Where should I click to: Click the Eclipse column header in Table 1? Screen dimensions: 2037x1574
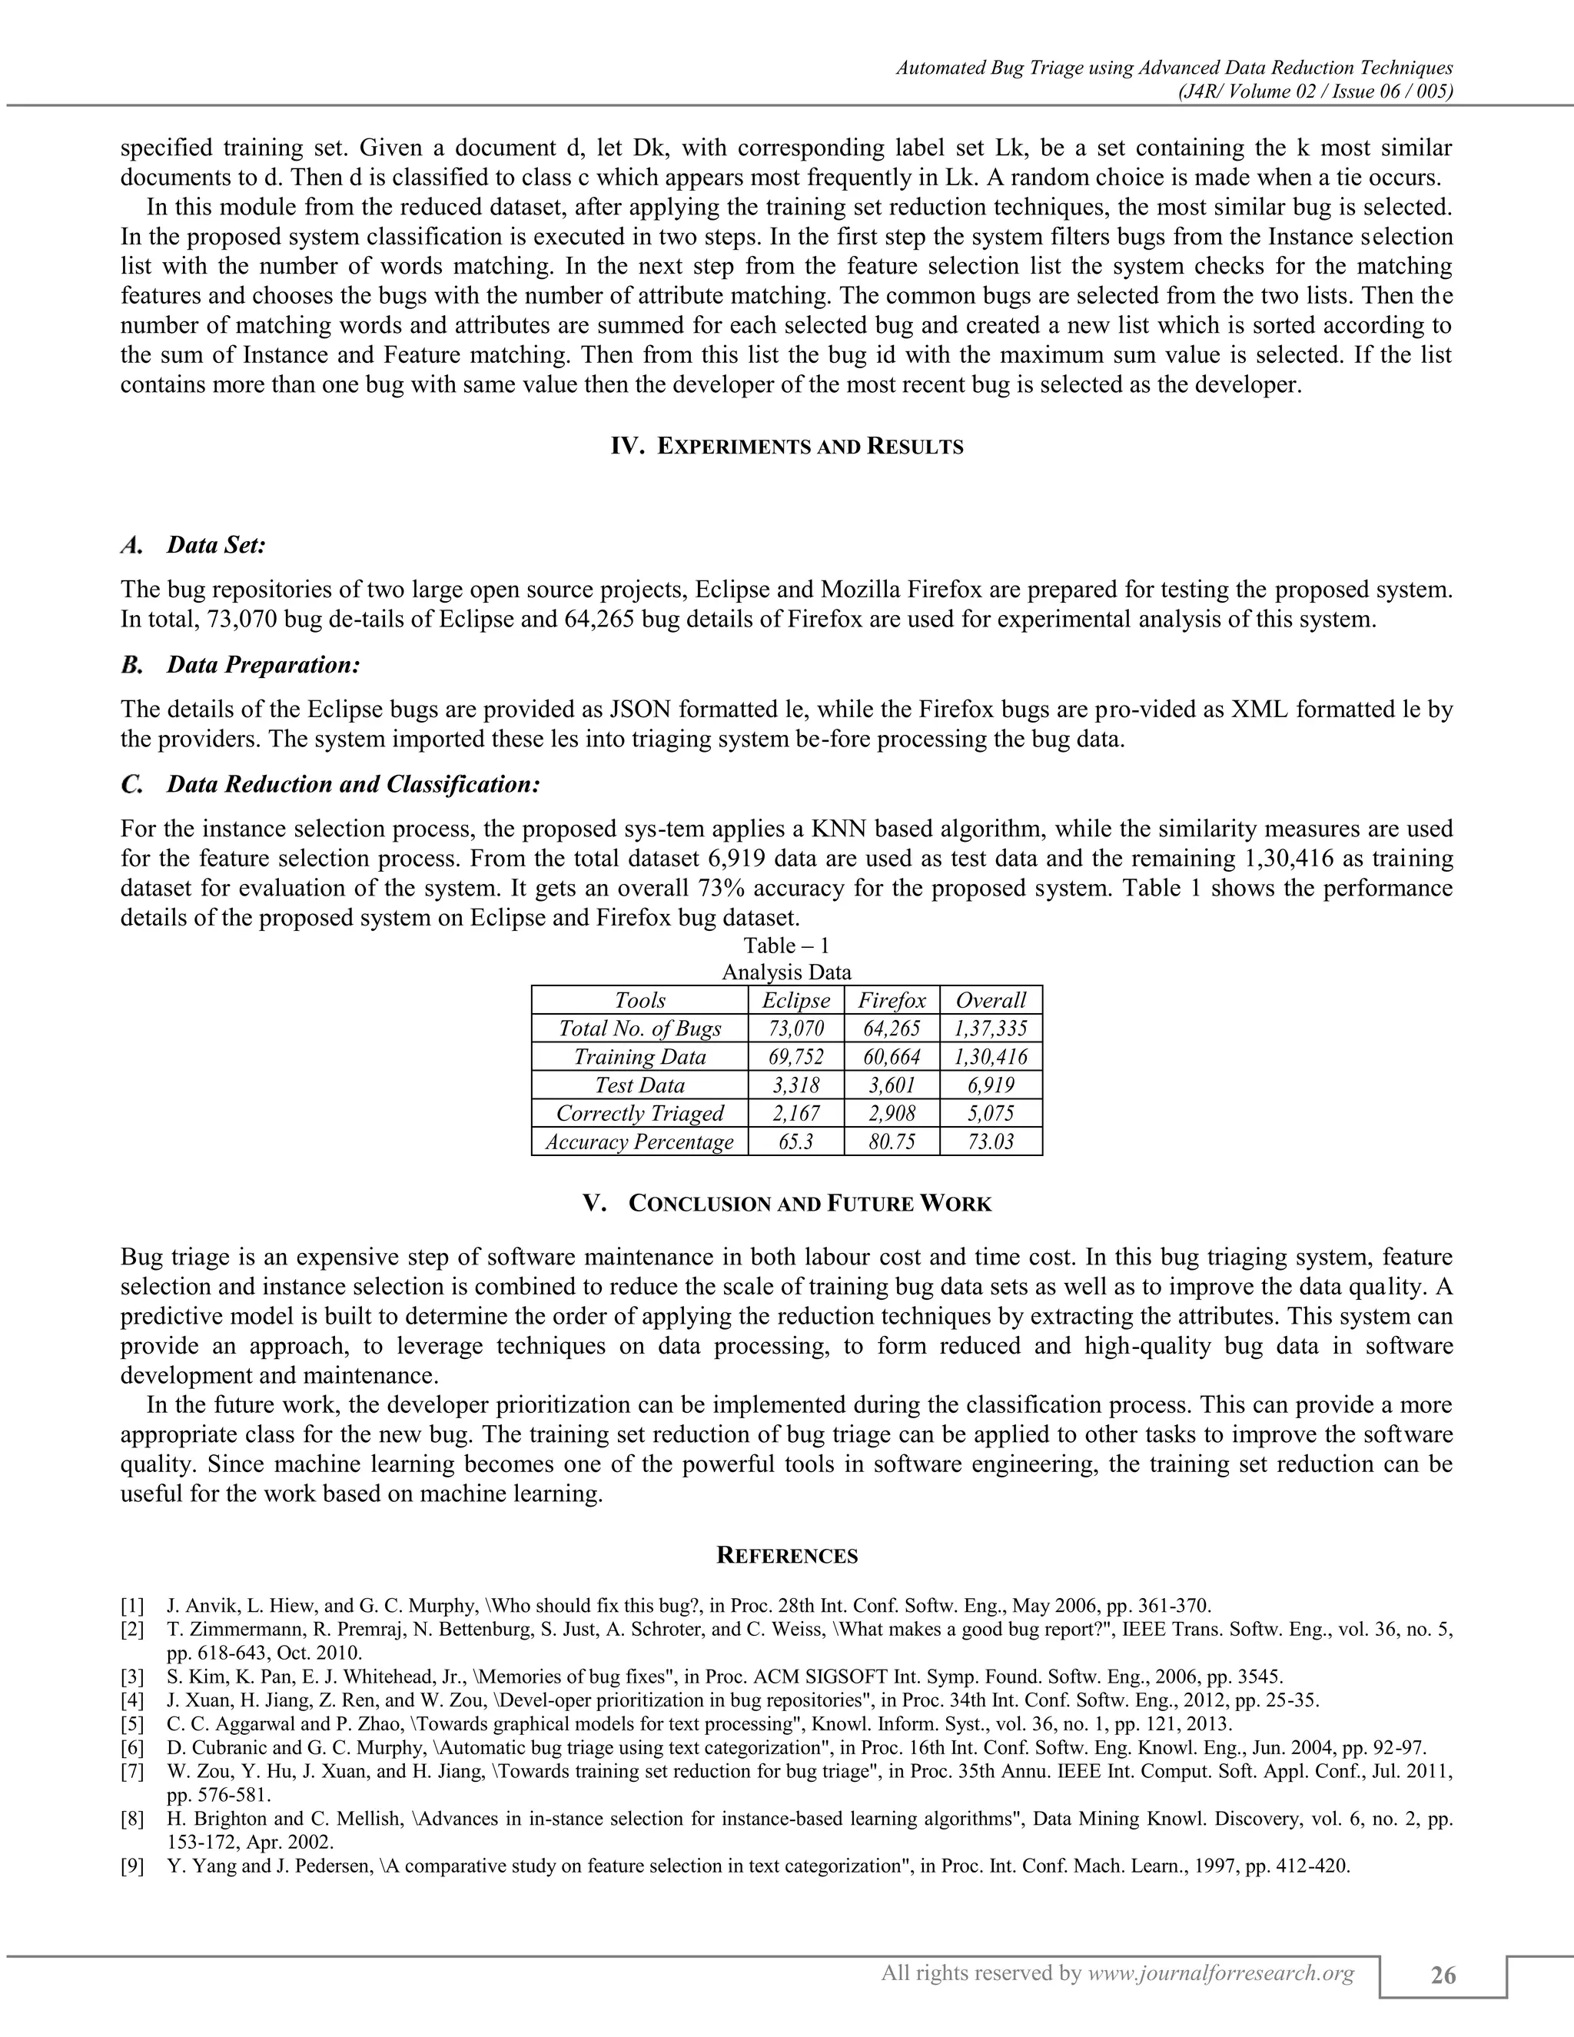pos(795,1001)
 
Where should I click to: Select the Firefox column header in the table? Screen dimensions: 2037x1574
pos(892,1001)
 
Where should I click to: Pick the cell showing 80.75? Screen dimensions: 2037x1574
pos(892,1141)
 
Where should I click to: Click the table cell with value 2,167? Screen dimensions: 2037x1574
pos(795,1114)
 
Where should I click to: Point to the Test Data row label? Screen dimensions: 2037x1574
pos(639,1085)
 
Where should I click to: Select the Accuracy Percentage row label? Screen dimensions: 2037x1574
pos(639,1141)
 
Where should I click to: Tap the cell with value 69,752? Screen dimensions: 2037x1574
pos(795,1057)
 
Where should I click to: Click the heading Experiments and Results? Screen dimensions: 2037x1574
pos(787,447)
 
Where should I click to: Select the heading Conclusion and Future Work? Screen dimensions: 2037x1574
pos(787,1204)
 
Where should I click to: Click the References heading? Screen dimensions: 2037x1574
pos(787,1556)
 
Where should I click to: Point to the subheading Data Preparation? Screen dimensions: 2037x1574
pos(263,665)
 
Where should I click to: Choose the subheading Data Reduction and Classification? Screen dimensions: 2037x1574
pos(353,784)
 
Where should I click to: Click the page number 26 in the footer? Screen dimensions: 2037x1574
pos(1443,1976)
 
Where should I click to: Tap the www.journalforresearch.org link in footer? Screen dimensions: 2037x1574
pos(1220,1972)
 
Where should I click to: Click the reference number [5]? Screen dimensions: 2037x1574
pos(132,1723)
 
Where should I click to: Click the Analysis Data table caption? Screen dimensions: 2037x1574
pos(787,972)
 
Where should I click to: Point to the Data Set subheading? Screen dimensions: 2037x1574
pos(216,545)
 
